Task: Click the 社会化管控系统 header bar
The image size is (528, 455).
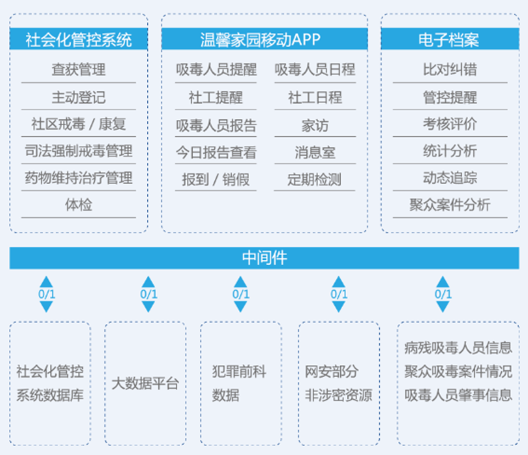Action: coord(79,39)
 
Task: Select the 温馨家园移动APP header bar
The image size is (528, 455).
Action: coord(264,39)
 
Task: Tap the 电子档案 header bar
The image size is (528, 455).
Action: coord(450,39)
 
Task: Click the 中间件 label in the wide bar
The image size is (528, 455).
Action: coord(264,258)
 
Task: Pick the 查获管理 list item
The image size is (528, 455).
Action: coord(79,70)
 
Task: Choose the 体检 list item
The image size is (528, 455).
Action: coord(79,205)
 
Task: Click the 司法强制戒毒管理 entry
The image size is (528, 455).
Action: coord(79,151)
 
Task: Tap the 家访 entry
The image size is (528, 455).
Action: coord(315,125)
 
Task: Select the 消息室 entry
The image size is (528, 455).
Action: coord(315,152)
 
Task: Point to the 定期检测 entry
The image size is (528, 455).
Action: coord(314,180)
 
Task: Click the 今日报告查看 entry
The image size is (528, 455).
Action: coord(216,152)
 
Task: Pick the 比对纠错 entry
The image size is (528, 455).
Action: coord(450,70)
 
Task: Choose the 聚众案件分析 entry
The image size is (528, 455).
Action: coord(450,205)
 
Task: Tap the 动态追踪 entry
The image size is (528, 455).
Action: coord(450,178)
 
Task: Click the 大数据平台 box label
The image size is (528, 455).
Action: coord(145,384)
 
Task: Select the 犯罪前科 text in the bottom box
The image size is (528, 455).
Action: coord(239,371)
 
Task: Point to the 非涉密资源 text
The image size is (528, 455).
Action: coord(339,395)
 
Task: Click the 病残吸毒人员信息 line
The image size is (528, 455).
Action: coord(458,348)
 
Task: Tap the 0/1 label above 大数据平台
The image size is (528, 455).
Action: coord(149,294)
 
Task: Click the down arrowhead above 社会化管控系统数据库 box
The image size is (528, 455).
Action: coord(46,307)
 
